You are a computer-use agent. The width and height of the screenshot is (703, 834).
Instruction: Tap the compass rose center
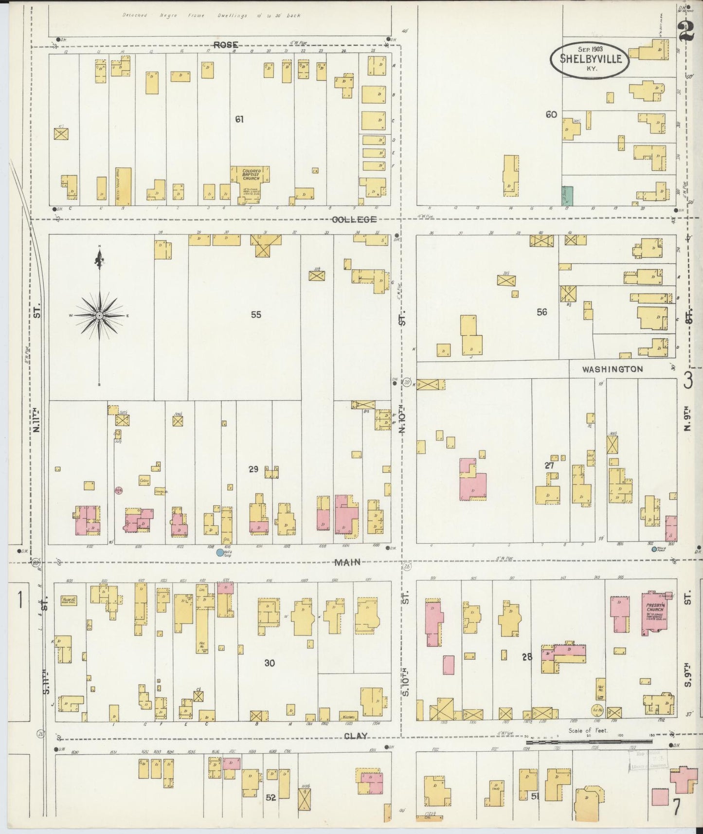coord(99,316)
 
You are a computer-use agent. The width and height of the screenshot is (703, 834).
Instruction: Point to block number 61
coord(239,119)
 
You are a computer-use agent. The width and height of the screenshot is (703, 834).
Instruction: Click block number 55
coord(256,315)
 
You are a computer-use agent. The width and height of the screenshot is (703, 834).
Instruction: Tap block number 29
coord(253,469)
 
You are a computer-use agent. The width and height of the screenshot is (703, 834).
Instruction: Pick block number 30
coord(270,663)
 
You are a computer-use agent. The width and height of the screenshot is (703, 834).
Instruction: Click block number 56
coord(541,312)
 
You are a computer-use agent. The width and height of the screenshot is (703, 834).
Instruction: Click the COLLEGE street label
coord(354,219)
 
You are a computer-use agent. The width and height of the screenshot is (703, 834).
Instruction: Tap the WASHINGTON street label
coord(613,369)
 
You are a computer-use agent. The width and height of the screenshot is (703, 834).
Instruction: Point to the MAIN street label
coord(347,562)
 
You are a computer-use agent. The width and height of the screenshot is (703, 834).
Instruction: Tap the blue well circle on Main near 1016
coord(220,552)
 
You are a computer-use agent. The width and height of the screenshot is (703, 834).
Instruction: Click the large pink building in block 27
coord(472,479)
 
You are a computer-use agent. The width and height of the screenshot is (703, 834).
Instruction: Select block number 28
coord(527,657)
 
